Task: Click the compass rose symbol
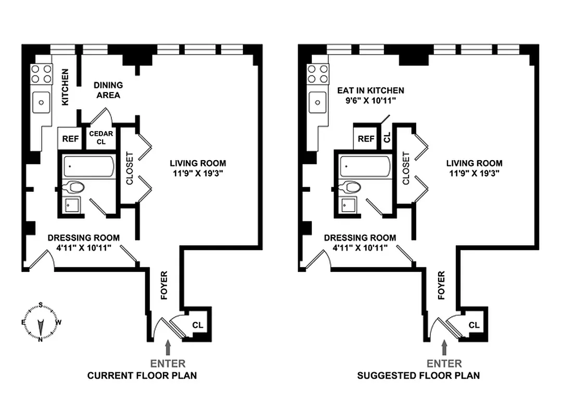coord(41,322)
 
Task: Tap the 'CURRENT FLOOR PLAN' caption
coord(142,375)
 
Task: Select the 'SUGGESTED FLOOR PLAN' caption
coord(418,375)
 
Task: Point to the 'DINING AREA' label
coord(108,90)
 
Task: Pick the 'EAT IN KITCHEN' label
coord(370,90)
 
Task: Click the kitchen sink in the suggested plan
coord(317,102)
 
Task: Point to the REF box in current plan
coord(70,139)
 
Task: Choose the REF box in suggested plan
coord(366,139)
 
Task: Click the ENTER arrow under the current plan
coord(168,347)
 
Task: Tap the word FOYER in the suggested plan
coord(442,285)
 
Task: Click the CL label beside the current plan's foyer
coord(198,325)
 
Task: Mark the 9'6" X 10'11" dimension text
coord(371,101)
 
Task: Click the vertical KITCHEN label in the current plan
coord(66,87)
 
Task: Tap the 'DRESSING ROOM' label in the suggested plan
coord(360,238)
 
